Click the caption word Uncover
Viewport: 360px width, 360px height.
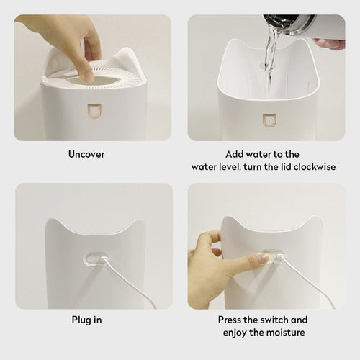(x=86, y=154)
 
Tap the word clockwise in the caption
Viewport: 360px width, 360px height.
(x=292, y=167)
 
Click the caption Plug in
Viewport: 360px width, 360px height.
(x=86, y=319)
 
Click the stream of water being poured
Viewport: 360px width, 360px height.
(x=269, y=54)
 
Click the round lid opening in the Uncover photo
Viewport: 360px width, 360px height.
(x=94, y=74)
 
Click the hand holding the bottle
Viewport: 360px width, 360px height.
(x=330, y=44)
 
